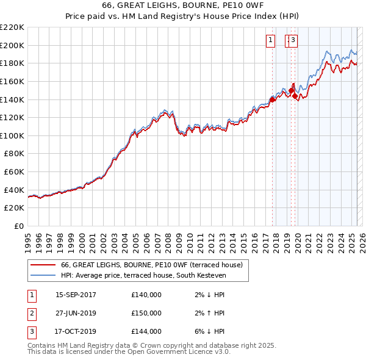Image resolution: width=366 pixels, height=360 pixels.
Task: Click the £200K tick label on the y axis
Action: coord(12,45)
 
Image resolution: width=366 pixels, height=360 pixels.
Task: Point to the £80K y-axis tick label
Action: coord(14,154)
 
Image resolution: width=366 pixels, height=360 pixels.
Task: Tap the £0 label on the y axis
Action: coord(20,226)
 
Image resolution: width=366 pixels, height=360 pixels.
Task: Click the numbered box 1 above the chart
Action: coord(270,41)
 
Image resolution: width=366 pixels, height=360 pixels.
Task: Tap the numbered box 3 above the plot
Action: coord(293,41)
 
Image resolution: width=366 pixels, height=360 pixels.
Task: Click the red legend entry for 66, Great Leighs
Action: coord(152,265)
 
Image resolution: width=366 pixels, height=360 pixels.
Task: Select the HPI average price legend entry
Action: coord(143,276)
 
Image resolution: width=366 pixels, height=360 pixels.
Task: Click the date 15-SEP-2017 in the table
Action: coord(76,295)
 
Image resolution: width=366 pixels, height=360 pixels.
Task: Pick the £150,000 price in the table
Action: coord(146,313)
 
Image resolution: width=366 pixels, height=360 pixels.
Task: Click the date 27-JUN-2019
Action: coord(76,313)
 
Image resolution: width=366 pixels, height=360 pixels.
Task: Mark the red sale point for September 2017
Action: coord(272,99)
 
